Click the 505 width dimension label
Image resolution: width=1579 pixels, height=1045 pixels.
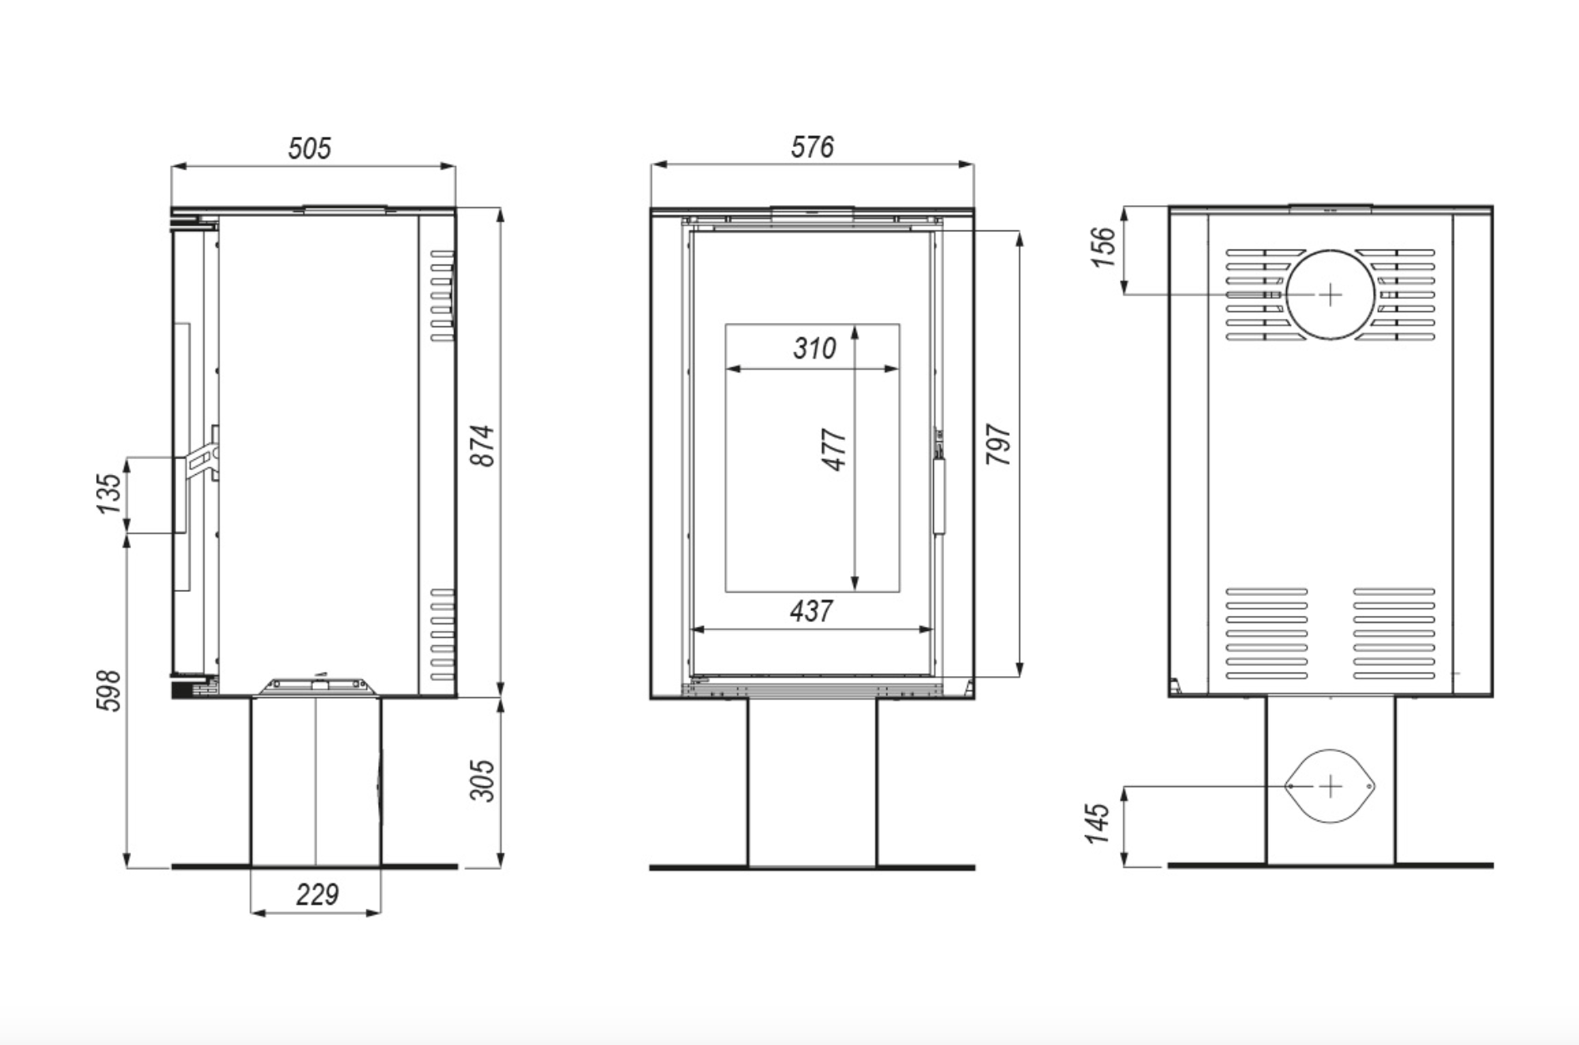coord(310,149)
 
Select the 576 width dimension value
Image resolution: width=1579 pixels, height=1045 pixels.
coord(812,147)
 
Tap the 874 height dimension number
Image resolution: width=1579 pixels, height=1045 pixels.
coord(483,446)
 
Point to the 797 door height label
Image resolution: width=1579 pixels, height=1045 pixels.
coord(998,445)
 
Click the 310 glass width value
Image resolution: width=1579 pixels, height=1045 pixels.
coord(814,348)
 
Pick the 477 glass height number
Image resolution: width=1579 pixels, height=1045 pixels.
coord(835,450)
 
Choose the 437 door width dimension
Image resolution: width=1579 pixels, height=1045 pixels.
coord(811,611)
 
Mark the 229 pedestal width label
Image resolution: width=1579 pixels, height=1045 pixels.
coord(317,895)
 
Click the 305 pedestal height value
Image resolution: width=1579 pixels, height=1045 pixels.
coord(483,780)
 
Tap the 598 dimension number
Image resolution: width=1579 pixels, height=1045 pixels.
coord(109,691)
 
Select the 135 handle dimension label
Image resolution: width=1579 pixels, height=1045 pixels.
coord(109,493)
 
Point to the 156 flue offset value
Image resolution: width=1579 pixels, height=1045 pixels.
coord(1103,246)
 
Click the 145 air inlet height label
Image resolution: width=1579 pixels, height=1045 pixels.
coord(1099,823)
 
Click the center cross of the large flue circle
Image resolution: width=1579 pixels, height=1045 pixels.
coord(1329,295)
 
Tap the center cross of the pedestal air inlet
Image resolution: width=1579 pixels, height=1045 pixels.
coord(1329,785)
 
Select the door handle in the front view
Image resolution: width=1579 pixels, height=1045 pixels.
coord(940,492)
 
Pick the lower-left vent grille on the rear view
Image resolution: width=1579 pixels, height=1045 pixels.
coord(1266,634)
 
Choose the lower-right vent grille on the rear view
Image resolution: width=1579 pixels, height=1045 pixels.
coord(1394,634)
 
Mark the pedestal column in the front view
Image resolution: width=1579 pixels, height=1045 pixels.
coord(812,782)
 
